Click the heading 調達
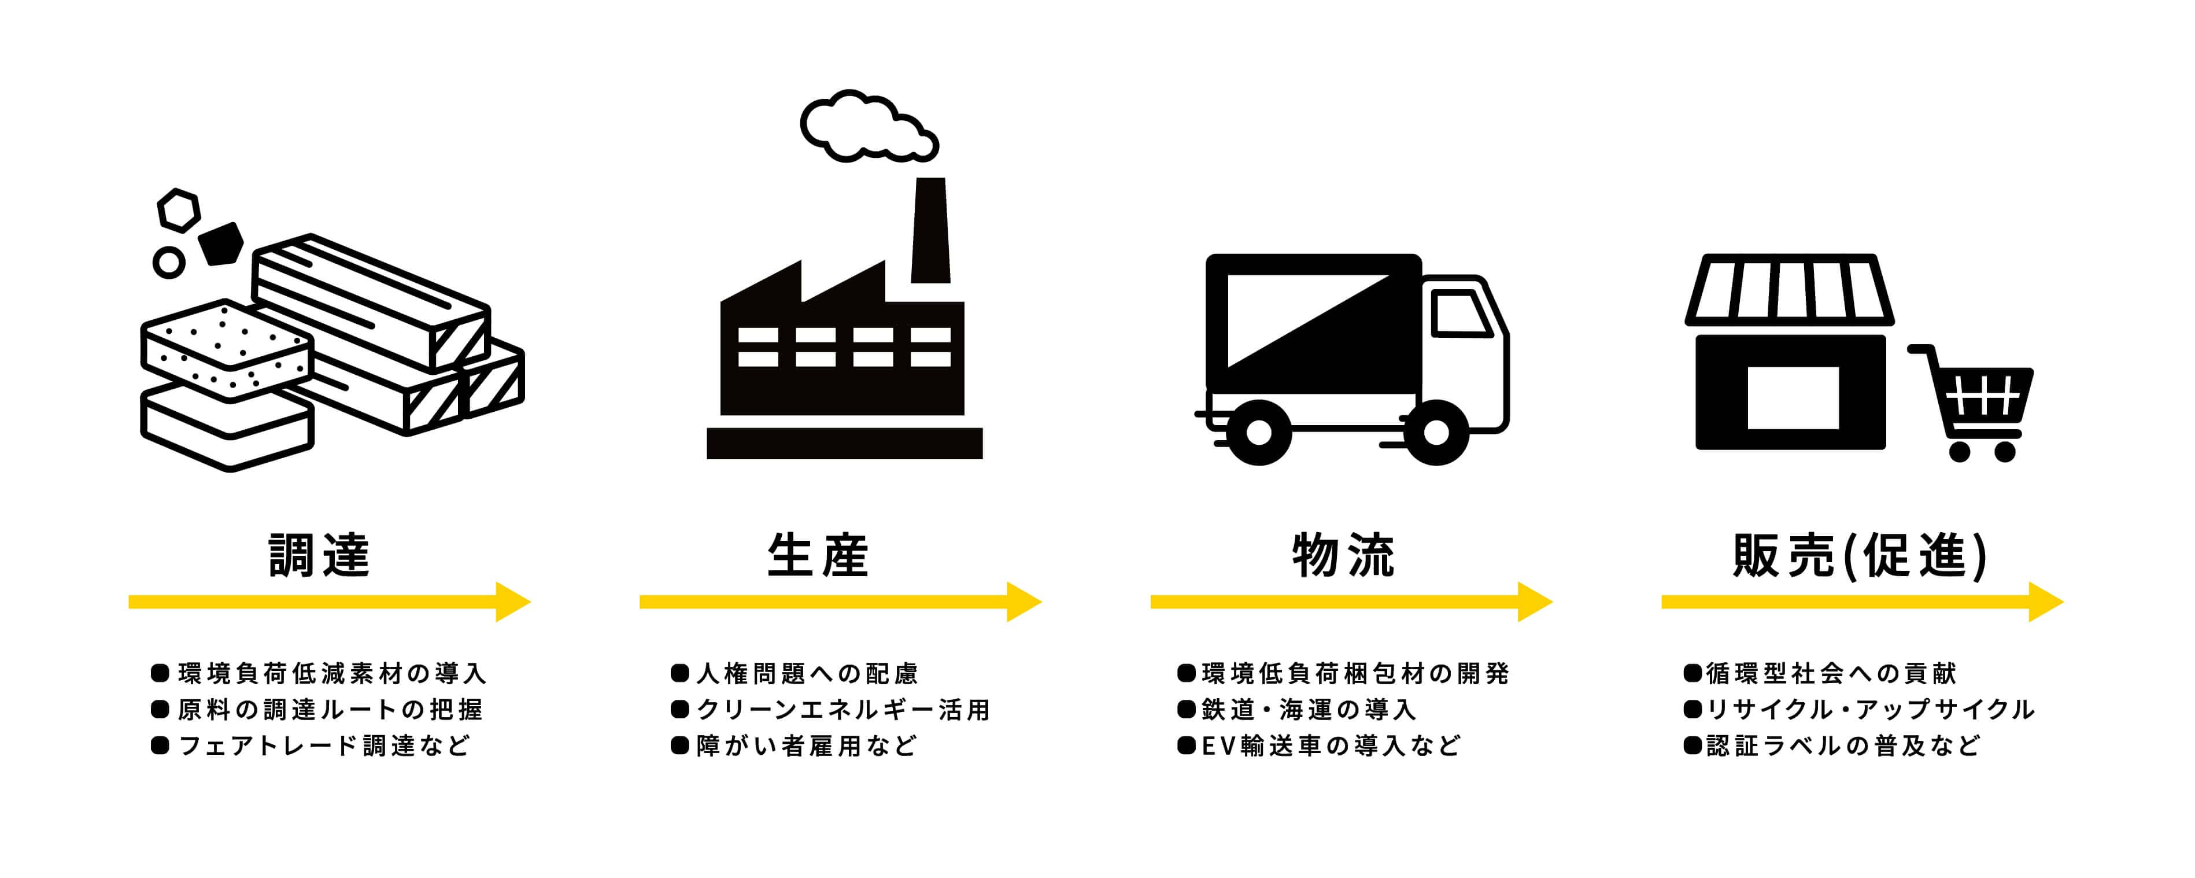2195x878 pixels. tap(320, 556)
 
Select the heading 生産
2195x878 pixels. tap(818, 556)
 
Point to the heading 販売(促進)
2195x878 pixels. tap(1861, 556)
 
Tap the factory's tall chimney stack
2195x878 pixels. tap(930, 230)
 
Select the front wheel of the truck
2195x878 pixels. tap(1436, 433)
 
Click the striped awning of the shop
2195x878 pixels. tap(1790, 290)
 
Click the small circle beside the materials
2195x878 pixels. tap(169, 263)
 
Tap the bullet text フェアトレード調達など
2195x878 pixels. tap(324, 746)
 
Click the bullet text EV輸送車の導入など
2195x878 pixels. tap(1331, 746)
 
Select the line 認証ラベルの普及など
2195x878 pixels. tap(1843, 746)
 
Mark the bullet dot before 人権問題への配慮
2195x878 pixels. tap(679, 673)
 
